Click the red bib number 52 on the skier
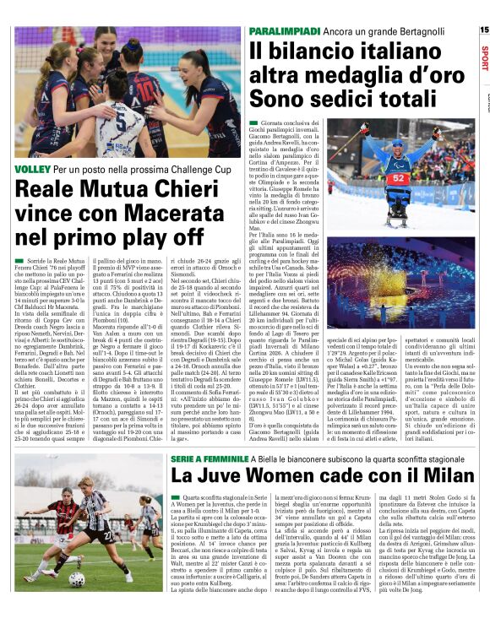(399, 178)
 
